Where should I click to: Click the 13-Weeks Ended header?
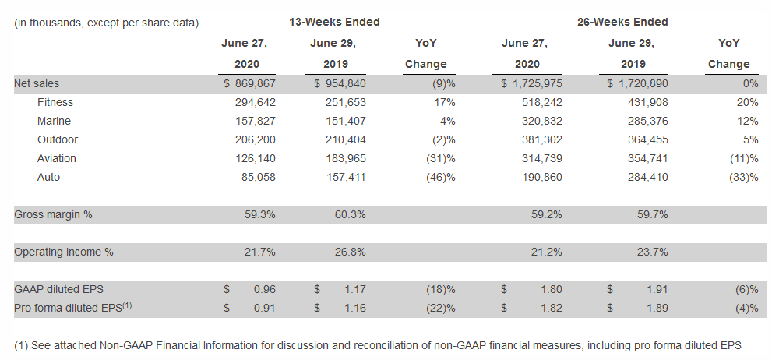(336, 22)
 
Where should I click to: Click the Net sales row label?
(36, 83)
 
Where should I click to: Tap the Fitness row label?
(55, 102)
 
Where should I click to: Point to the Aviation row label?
(57, 158)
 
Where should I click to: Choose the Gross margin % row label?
(53, 214)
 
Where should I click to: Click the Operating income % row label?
(64, 252)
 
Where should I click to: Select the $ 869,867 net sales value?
(249, 83)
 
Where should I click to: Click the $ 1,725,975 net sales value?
(533, 83)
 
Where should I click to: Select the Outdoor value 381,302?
(539, 139)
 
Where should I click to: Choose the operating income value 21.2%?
(547, 252)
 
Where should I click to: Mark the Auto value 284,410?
(645, 177)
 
